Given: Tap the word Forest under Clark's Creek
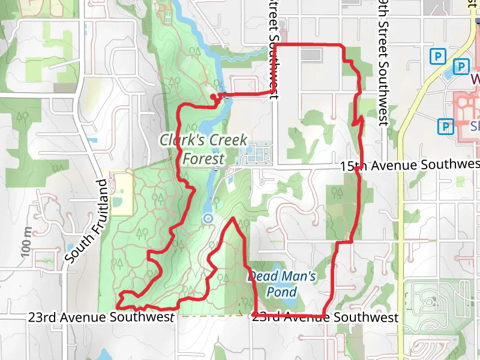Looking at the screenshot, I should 203,159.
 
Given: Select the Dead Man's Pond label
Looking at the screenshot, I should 281,284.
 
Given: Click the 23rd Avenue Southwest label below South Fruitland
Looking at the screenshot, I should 101,317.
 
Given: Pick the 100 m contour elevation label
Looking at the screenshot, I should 25,242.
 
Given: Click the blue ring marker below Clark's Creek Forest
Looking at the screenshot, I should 208,218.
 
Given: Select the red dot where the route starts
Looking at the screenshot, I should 214,97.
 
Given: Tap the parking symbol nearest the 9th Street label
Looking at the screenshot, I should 439,57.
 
